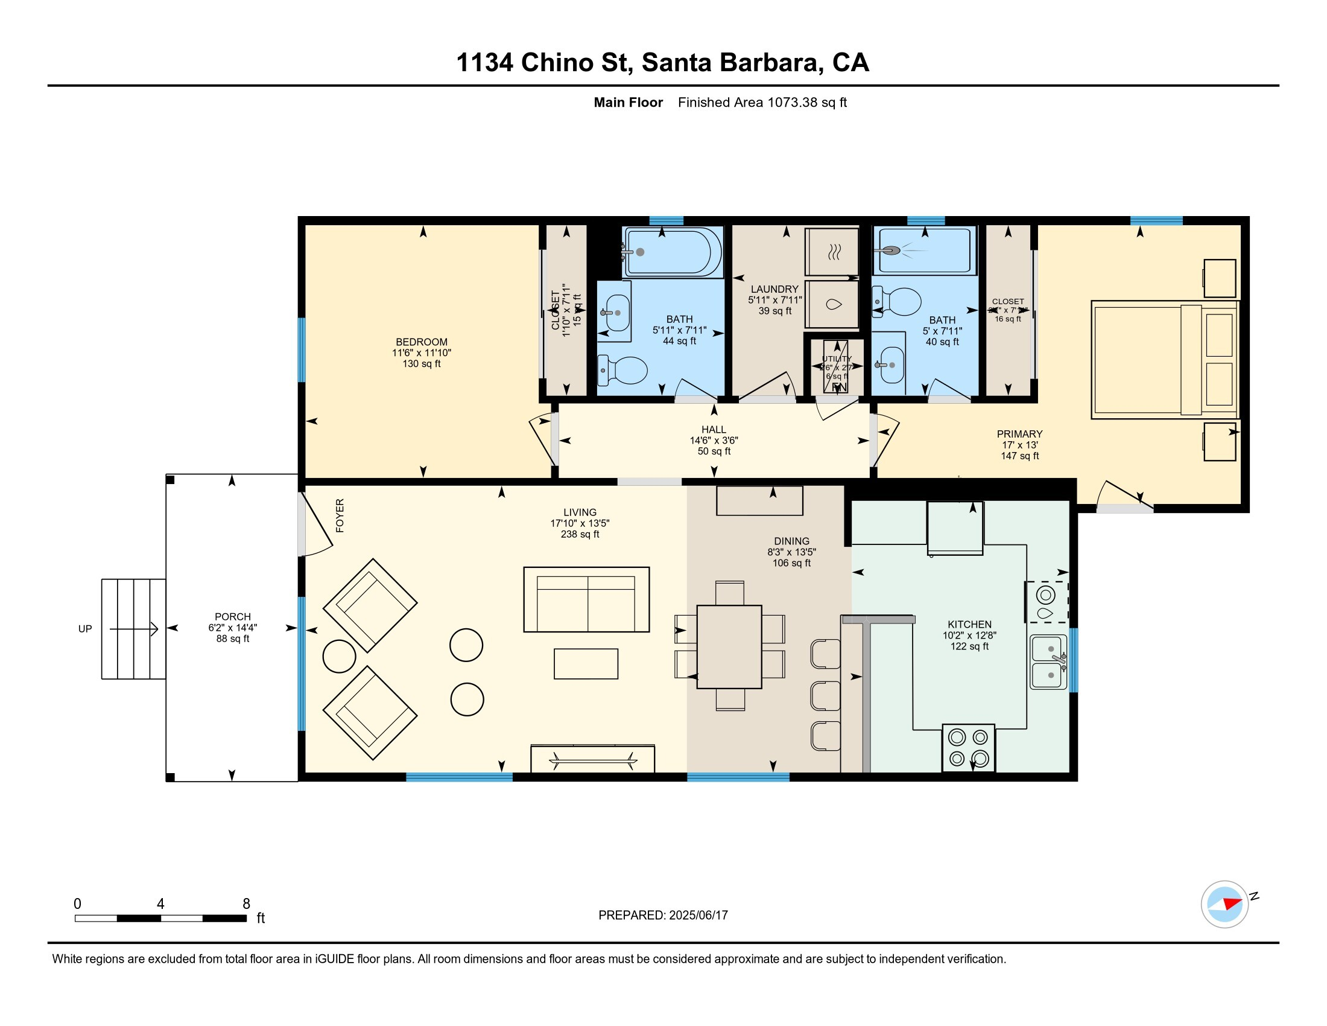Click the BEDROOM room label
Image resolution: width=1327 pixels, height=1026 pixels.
421,342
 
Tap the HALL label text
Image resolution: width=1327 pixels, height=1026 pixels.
714,430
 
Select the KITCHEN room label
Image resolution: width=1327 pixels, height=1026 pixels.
969,624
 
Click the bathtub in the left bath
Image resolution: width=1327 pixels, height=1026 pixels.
672,252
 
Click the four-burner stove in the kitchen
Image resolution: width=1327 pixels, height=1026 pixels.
968,748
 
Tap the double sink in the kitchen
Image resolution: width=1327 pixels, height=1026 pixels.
1048,662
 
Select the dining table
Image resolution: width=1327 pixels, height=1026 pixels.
729,647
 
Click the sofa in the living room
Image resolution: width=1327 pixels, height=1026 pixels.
586,600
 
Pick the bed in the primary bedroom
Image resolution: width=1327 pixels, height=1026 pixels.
1164,360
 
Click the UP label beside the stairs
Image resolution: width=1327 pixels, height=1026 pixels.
85,629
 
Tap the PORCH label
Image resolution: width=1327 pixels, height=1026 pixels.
232,617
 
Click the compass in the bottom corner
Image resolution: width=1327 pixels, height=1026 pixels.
1224,905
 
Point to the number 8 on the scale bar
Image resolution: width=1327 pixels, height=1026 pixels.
246,904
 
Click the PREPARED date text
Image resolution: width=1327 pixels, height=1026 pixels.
663,916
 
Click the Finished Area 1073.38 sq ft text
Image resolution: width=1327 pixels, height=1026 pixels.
762,103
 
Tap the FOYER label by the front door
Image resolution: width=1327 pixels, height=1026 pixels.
340,515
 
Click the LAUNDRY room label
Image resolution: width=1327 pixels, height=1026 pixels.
774,289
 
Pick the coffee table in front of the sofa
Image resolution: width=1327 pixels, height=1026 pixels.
586,664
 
